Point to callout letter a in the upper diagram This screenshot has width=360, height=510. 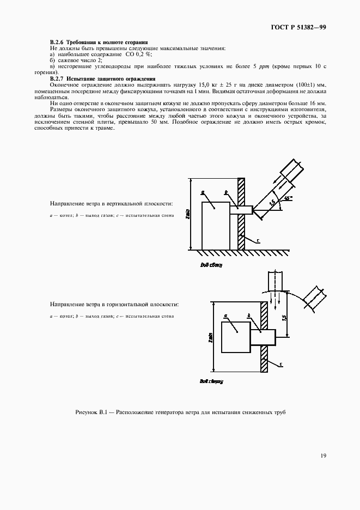203,192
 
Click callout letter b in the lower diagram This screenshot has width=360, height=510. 249,315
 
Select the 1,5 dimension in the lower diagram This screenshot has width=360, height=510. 284,317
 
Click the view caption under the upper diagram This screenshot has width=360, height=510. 211,266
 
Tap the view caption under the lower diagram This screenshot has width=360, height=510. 211,382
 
